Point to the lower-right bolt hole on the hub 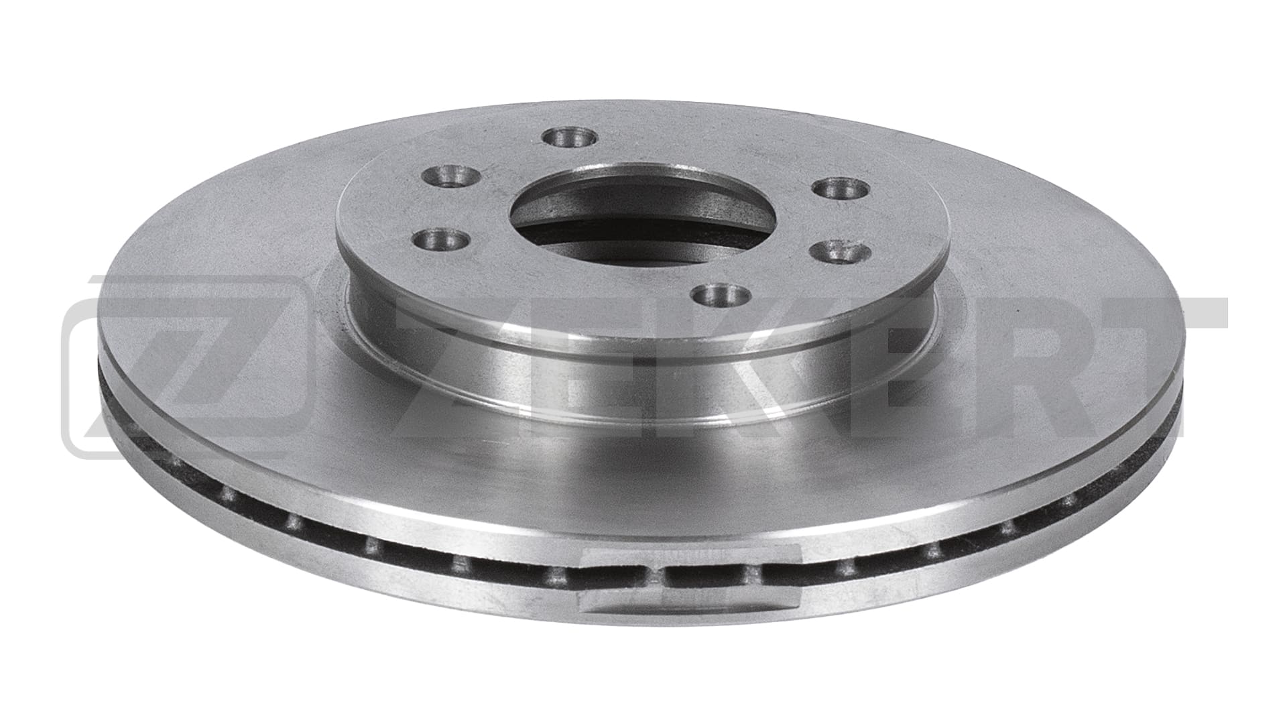coord(841,253)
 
